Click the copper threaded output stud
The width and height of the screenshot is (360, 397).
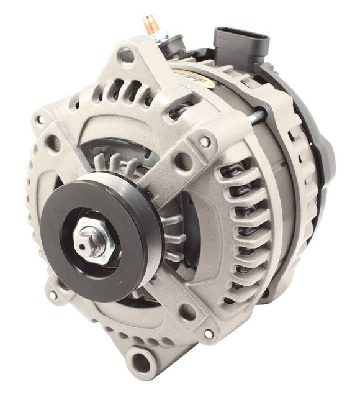151,25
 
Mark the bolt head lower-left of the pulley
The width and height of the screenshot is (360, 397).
53,295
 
